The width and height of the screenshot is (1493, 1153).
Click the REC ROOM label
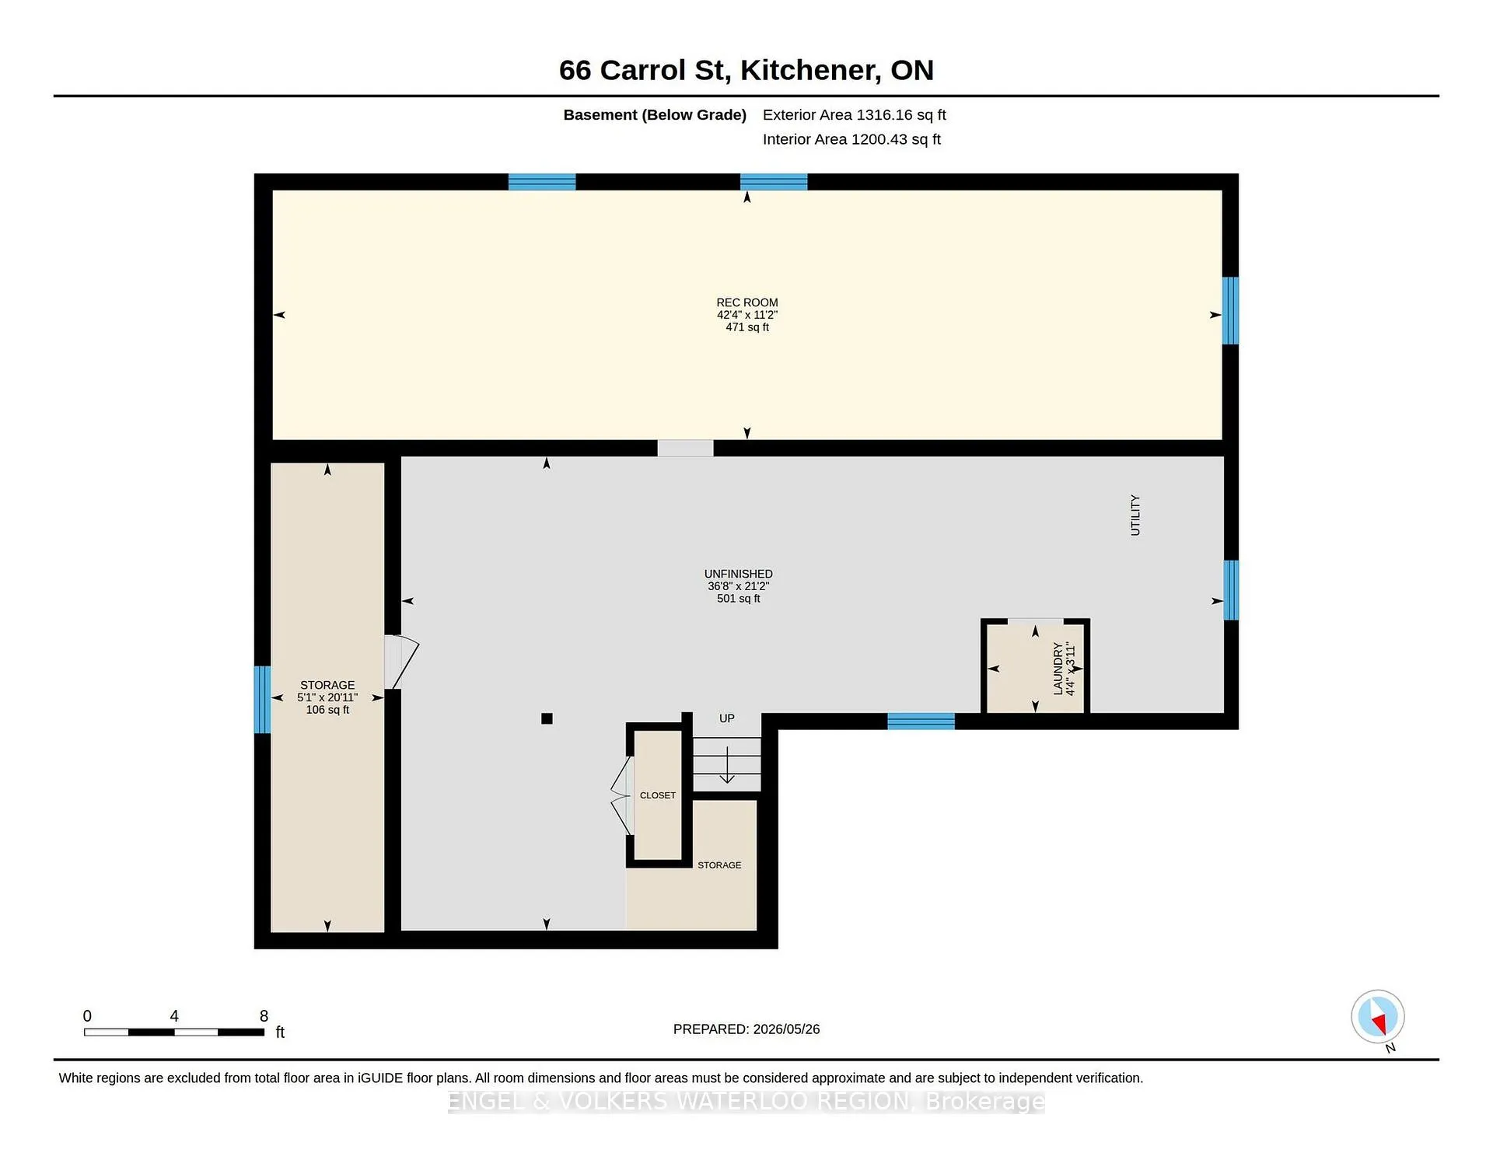pos(746,302)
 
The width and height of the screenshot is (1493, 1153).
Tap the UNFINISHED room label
pos(738,574)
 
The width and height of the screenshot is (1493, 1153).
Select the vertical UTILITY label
pos(1135,515)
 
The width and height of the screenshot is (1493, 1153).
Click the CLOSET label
pos(657,795)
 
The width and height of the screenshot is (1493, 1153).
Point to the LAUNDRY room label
pos(1058,669)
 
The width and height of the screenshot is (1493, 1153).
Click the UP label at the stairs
pos(726,718)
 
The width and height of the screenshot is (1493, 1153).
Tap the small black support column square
pos(547,718)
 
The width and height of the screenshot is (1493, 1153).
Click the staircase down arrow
pos(727,765)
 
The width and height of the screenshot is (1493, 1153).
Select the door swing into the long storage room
pos(401,662)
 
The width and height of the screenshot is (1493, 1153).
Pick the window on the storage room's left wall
pos(263,700)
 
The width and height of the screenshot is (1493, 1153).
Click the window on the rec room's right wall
pos(1230,310)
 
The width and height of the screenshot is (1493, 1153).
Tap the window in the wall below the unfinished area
pos(921,721)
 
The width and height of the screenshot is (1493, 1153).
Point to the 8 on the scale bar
pos(264,1016)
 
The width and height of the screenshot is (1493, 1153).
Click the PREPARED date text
pos(746,1029)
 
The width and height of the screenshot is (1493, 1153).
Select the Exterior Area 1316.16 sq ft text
pos(854,115)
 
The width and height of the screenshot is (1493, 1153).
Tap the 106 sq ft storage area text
pos(327,710)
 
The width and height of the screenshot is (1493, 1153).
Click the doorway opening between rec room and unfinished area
pos(685,449)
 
